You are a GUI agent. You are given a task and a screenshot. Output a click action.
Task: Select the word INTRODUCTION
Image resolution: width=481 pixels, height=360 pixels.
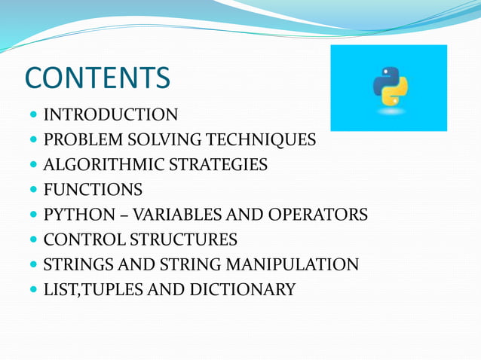111,115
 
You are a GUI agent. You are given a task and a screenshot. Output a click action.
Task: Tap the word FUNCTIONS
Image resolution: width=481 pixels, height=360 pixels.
93,190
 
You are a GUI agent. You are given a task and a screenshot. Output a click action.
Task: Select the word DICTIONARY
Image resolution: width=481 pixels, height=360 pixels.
241,290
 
